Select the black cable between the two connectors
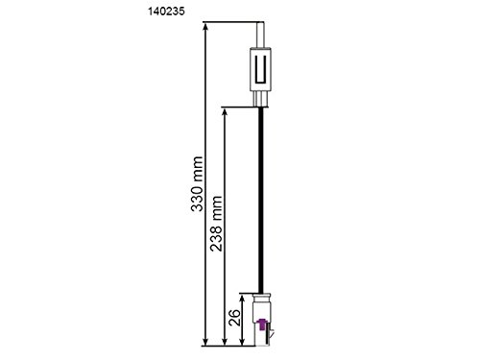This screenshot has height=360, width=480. point(262,192)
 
